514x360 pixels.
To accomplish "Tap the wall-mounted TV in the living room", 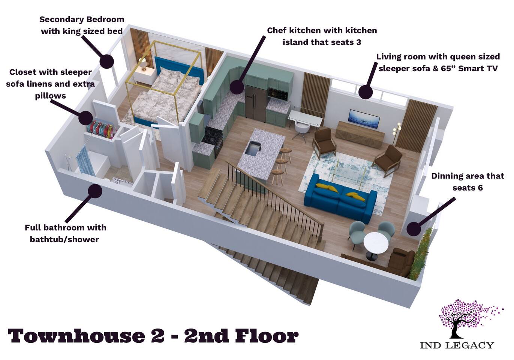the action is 364,119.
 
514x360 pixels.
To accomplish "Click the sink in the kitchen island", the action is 253,148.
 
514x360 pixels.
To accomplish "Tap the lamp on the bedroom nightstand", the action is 143,63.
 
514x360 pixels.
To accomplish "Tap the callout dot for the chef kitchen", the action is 237,87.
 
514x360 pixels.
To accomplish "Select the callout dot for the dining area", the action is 414,229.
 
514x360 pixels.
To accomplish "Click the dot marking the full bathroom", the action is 95,191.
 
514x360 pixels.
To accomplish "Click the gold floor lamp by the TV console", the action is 397,133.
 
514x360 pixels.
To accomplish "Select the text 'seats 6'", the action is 468,188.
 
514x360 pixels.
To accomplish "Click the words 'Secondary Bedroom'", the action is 82,19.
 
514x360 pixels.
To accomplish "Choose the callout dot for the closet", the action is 85,118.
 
